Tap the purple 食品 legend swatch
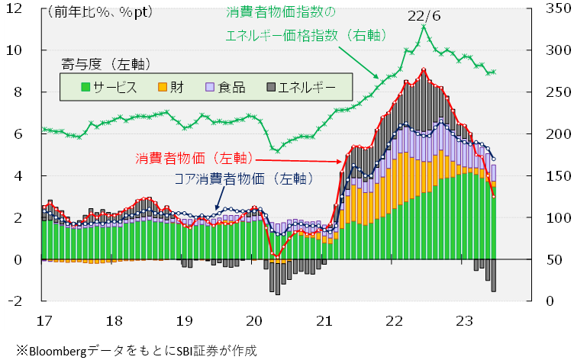click(x=209, y=87)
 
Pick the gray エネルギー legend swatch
click(x=270, y=87)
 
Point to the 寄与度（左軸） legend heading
click(x=102, y=63)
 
